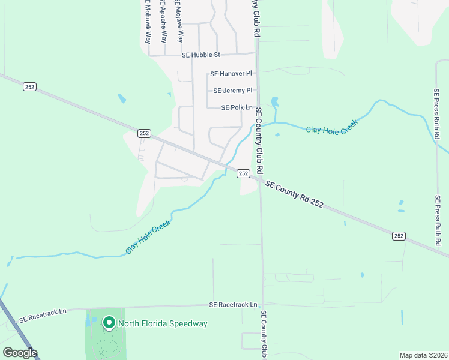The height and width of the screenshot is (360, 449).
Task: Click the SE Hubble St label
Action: pos(201,55)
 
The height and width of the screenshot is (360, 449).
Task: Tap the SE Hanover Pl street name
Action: pos(231,74)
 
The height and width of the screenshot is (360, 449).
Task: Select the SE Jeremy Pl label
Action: pos(233,91)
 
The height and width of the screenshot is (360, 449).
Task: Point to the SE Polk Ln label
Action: pos(237,107)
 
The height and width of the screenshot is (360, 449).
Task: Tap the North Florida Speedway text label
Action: pos(163,324)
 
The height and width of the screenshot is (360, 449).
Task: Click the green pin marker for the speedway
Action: pos(109,323)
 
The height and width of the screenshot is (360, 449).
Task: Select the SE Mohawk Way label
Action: pos(147,22)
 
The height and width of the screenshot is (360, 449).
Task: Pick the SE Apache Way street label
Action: pos(163,20)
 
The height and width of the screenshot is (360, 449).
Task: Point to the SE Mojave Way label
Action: pos(178,20)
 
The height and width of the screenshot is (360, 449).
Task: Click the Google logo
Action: pos(20,353)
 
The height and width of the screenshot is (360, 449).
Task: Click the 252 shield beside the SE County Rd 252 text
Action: pos(243,173)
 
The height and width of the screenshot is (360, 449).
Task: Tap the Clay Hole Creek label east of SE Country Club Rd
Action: pos(332,127)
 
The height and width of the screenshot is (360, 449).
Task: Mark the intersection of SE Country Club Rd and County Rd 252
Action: pos(261,179)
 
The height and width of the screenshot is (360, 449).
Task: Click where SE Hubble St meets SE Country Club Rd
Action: pos(257,55)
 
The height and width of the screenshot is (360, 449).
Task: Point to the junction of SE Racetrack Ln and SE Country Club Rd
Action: pos(262,304)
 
